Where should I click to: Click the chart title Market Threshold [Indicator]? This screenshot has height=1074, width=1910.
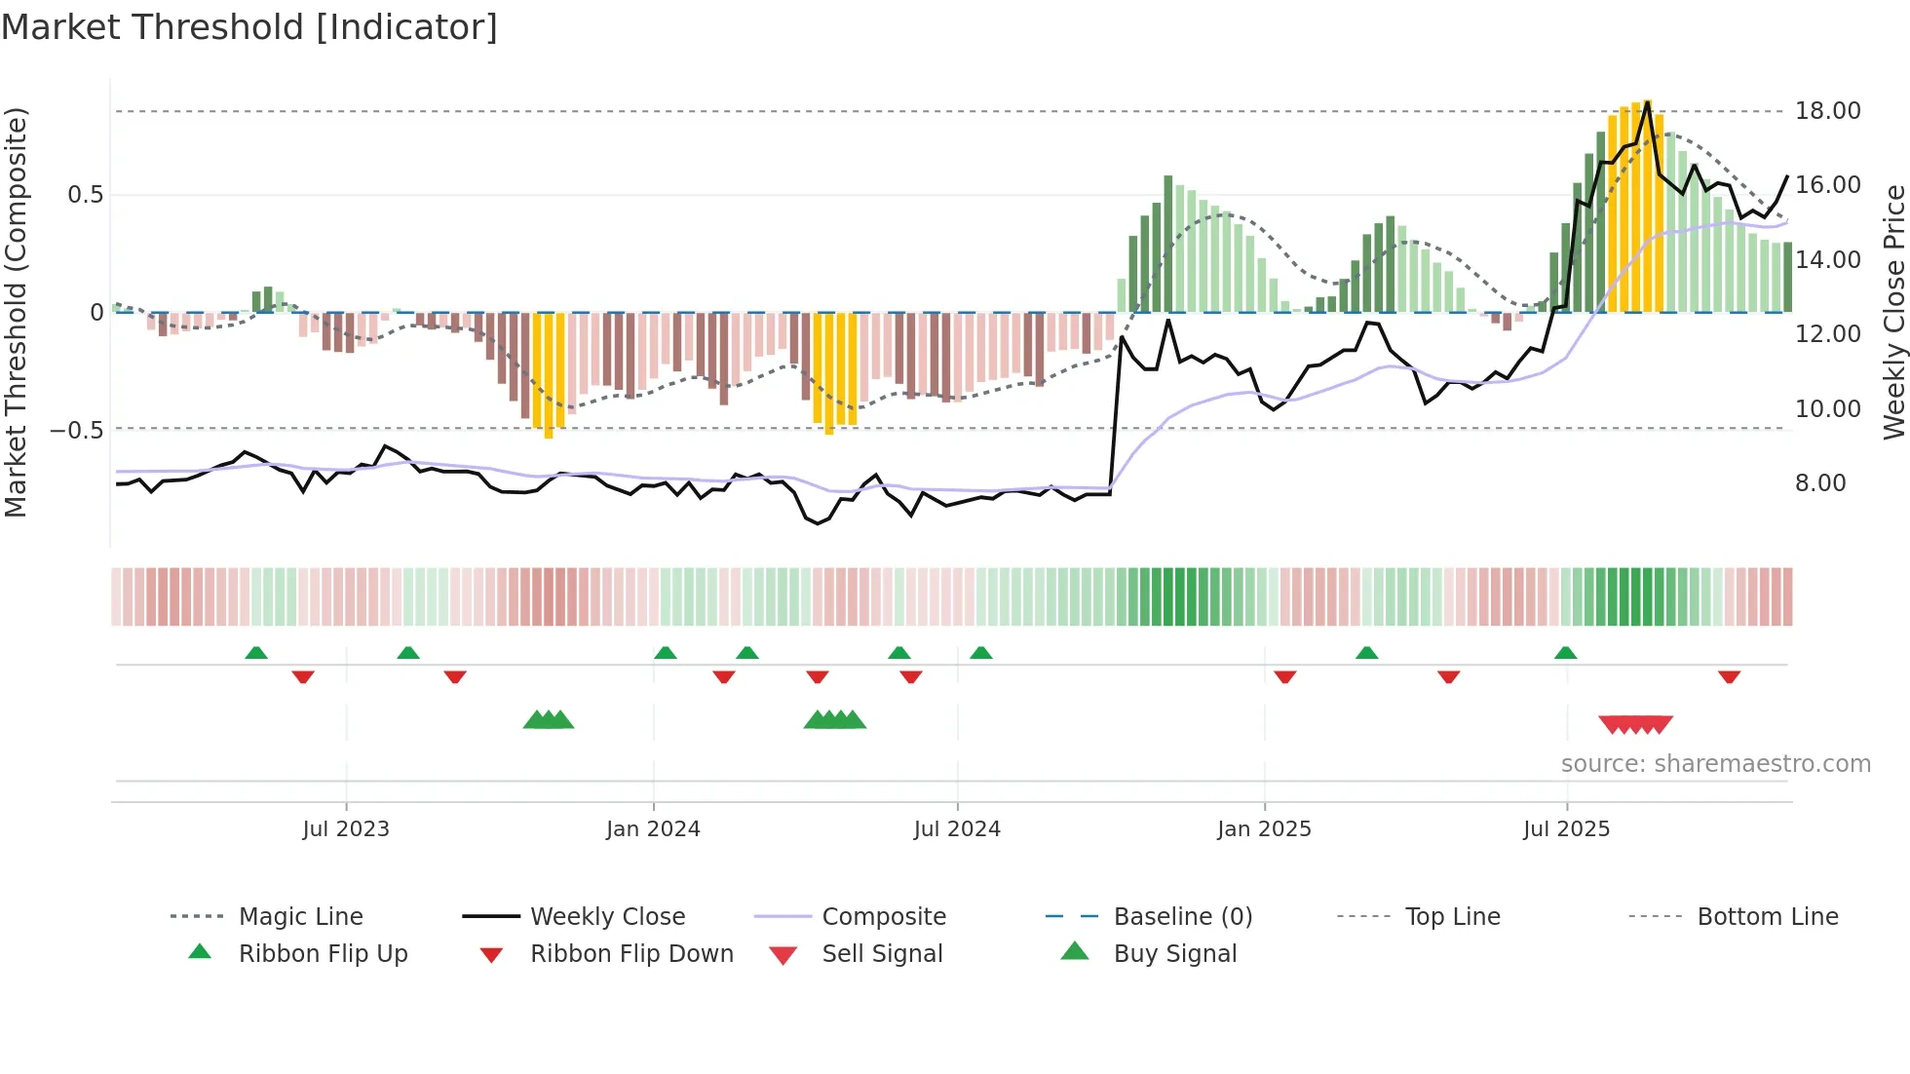(249, 27)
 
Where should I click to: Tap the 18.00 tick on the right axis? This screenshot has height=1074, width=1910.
(1827, 111)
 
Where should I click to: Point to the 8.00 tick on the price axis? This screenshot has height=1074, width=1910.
(1819, 483)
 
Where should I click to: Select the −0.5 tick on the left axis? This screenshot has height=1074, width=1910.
(77, 430)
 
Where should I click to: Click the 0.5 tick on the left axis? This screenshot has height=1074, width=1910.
(85, 195)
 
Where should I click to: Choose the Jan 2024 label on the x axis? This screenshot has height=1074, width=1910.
(653, 829)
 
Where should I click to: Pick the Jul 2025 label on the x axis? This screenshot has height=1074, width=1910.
(1566, 829)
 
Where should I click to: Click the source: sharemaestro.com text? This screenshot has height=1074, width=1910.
(1715, 764)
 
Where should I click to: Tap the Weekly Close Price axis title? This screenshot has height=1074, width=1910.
(1893, 312)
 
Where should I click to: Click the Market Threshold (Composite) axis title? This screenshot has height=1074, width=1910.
(16, 312)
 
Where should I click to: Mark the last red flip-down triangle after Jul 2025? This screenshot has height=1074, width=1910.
(1729, 676)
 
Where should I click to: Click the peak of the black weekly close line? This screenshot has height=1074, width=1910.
(1647, 102)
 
